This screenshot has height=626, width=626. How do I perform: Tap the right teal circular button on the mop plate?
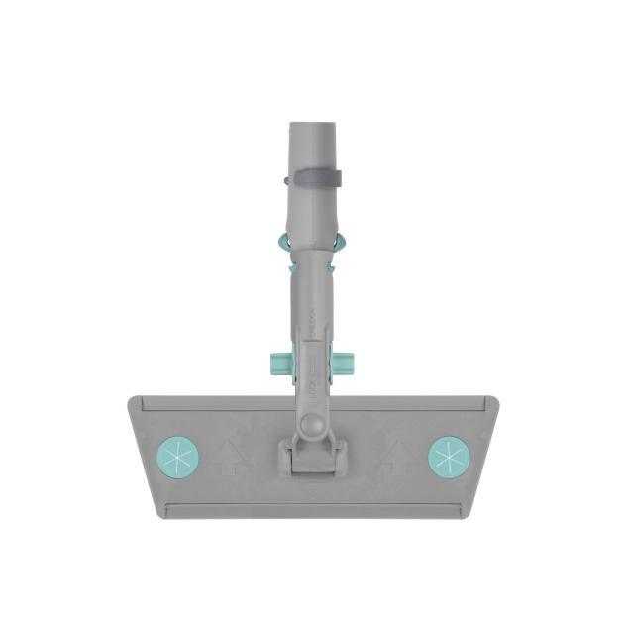(x=448, y=456)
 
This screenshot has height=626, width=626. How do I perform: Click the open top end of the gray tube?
(x=313, y=127)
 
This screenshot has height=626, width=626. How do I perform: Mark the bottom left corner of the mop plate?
(x=161, y=515)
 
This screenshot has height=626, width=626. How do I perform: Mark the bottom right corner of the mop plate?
(x=466, y=515)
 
